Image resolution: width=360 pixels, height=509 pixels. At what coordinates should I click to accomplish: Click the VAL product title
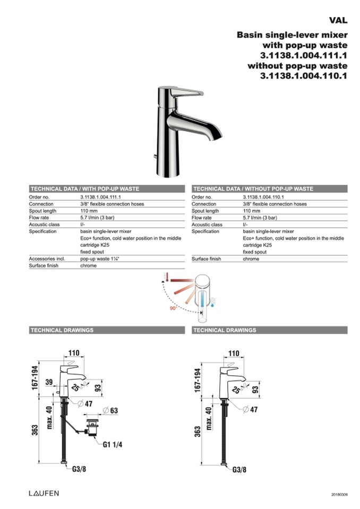click(338, 20)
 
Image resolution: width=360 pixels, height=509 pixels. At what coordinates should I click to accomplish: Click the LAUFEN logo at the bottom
click(44, 493)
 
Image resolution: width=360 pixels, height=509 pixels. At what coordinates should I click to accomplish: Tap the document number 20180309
click(338, 494)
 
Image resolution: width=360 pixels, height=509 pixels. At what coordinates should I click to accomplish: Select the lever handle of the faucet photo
click(185, 92)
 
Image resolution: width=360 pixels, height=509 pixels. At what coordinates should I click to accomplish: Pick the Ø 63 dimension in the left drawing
click(110, 410)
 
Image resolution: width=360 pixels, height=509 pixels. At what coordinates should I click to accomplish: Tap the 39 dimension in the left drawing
click(49, 383)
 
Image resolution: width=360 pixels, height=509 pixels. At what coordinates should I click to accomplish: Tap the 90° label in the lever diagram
click(173, 307)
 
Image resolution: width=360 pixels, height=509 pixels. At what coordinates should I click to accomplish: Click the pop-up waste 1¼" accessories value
click(100, 258)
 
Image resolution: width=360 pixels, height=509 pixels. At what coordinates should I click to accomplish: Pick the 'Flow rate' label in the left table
click(39, 218)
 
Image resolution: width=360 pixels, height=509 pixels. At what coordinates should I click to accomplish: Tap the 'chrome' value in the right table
click(251, 258)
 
